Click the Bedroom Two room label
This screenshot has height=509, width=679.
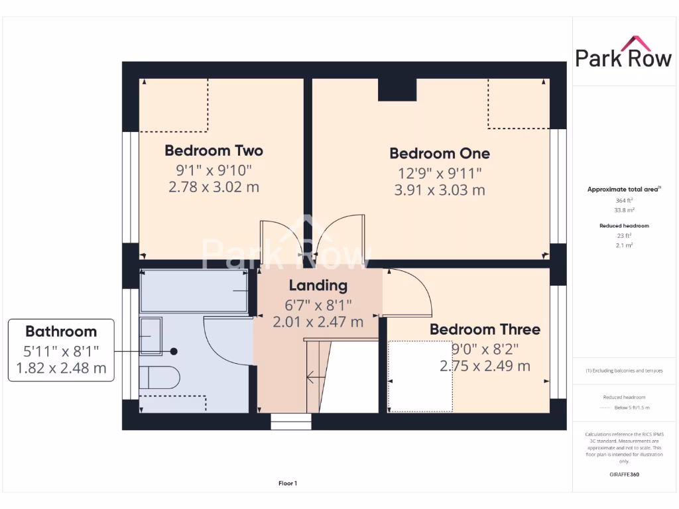214,150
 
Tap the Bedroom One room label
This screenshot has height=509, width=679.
440,153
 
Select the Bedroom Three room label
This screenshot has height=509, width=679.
485,329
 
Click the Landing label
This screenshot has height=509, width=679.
318,286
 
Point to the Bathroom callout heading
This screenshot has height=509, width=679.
61,331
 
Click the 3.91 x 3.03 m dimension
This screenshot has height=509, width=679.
440,190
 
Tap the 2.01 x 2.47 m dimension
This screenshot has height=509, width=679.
318,322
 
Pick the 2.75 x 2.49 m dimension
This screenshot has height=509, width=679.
485,365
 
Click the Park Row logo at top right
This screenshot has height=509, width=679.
623,53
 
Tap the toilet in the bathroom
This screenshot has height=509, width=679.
159,377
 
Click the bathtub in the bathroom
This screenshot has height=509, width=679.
194,290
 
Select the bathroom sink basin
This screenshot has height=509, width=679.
151,336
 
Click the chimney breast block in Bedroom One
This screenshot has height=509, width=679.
397,89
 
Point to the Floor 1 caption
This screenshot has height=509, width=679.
288,484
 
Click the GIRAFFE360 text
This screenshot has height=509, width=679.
623,475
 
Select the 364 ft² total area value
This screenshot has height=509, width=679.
623,200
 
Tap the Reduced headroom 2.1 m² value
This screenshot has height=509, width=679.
623,245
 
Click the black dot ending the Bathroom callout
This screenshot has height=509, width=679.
174,351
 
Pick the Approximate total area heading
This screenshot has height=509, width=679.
623,190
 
